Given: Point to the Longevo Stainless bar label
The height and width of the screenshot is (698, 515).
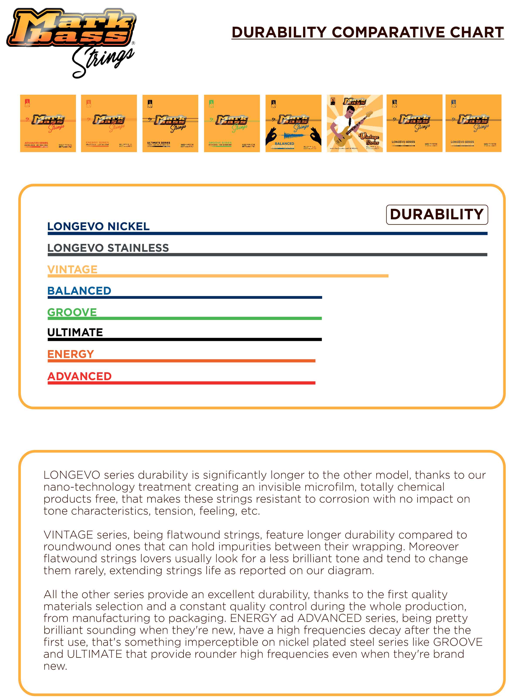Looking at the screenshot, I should [x=108, y=248].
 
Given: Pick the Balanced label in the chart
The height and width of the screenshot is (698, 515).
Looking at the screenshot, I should [x=79, y=291].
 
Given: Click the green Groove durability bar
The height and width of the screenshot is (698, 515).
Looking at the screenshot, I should [x=185, y=318].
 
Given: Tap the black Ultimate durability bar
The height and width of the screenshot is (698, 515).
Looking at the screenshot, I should [x=185, y=339].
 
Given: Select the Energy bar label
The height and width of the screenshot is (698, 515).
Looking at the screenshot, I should [x=71, y=354].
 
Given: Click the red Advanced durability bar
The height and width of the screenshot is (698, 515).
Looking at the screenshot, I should [x=182, y=383].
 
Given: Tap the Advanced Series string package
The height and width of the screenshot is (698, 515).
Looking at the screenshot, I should [x=48, y=123].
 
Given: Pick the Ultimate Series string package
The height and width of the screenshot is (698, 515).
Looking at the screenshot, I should [x=170, y=123].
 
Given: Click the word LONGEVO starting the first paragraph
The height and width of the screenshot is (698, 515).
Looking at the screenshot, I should [x=72, y=475].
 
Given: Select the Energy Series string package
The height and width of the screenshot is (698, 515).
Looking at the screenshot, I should [x=109, y=123].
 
